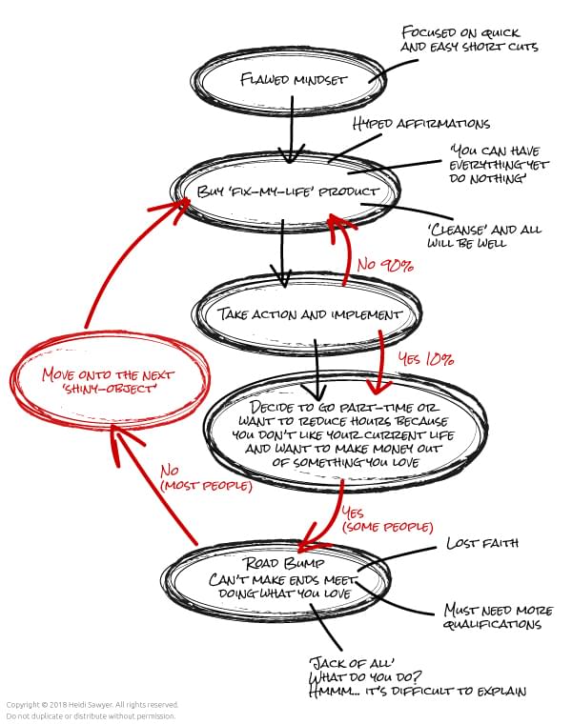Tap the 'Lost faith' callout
click(x=481, y=544)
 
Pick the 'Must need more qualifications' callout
click(x=492, y=616)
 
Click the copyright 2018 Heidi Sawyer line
click(x=92, y=706)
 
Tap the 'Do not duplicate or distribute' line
click(x=92, y=716)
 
